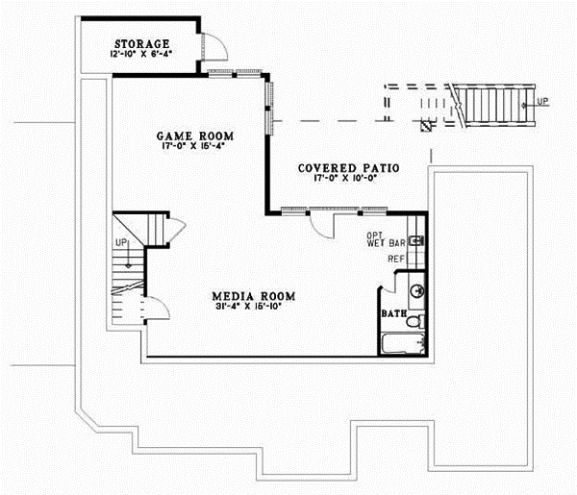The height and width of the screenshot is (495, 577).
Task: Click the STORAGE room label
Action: coord(142,44)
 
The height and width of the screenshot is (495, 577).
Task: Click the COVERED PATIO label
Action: coord(348,167)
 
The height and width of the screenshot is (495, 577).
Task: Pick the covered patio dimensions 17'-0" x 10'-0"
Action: coord(348,178)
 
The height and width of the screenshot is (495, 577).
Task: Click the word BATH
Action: coord(393,314)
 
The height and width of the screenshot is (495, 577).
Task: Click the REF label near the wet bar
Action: coord(395,259)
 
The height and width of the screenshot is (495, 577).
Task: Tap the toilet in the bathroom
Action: coord(415,324)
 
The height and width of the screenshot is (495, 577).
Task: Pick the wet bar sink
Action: coord(417,241)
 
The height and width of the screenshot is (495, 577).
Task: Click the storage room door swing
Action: coord(214,50)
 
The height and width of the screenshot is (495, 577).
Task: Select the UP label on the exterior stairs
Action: coord(543,101)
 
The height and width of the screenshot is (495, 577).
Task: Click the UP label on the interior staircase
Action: coord(121,242)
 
